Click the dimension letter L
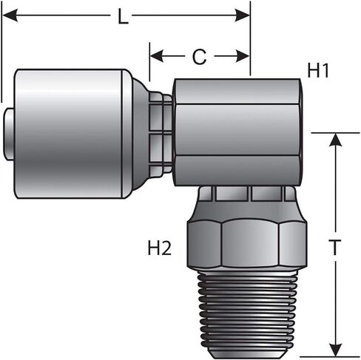[x=124, y=16]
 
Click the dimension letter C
[x=199, y=57]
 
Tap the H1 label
[x=318, y=70]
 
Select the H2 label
[x=159, y=248]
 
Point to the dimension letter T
[x=335, y=247]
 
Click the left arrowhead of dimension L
[x=10, y=16]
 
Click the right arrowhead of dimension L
[x=242, y=16]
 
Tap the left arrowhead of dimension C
[x=157, y=56]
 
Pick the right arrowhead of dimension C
[x=243, y=56]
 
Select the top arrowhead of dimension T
[x=335, y=140]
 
